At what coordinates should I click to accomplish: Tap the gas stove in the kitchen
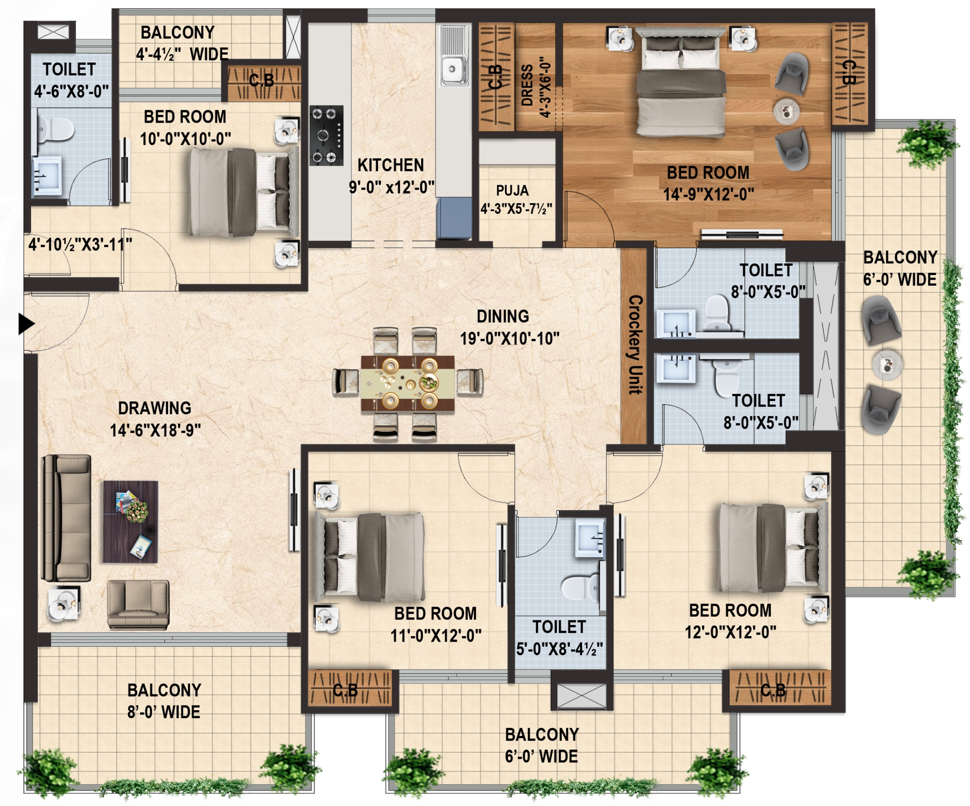(x=327, y=135)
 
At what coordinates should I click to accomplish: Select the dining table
(x=407, y=383)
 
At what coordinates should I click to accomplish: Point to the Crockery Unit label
(x=635, y=344)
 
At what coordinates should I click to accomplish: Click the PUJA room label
(x=512, y=190)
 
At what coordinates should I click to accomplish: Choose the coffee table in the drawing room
(x=131, y=522)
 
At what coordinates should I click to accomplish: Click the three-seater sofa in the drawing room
(x=66, y=518)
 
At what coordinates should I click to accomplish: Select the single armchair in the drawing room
(x=138, y=605)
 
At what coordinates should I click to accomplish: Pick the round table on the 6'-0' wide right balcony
(x=887, y=364)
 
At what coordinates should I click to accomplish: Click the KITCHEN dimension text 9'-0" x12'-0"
(x=392, y=187)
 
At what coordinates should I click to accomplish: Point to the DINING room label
(x=503, y=316)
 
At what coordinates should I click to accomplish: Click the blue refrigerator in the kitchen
(x=454, y=219)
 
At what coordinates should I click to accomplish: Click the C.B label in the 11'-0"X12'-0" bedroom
(x=345, y=690)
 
